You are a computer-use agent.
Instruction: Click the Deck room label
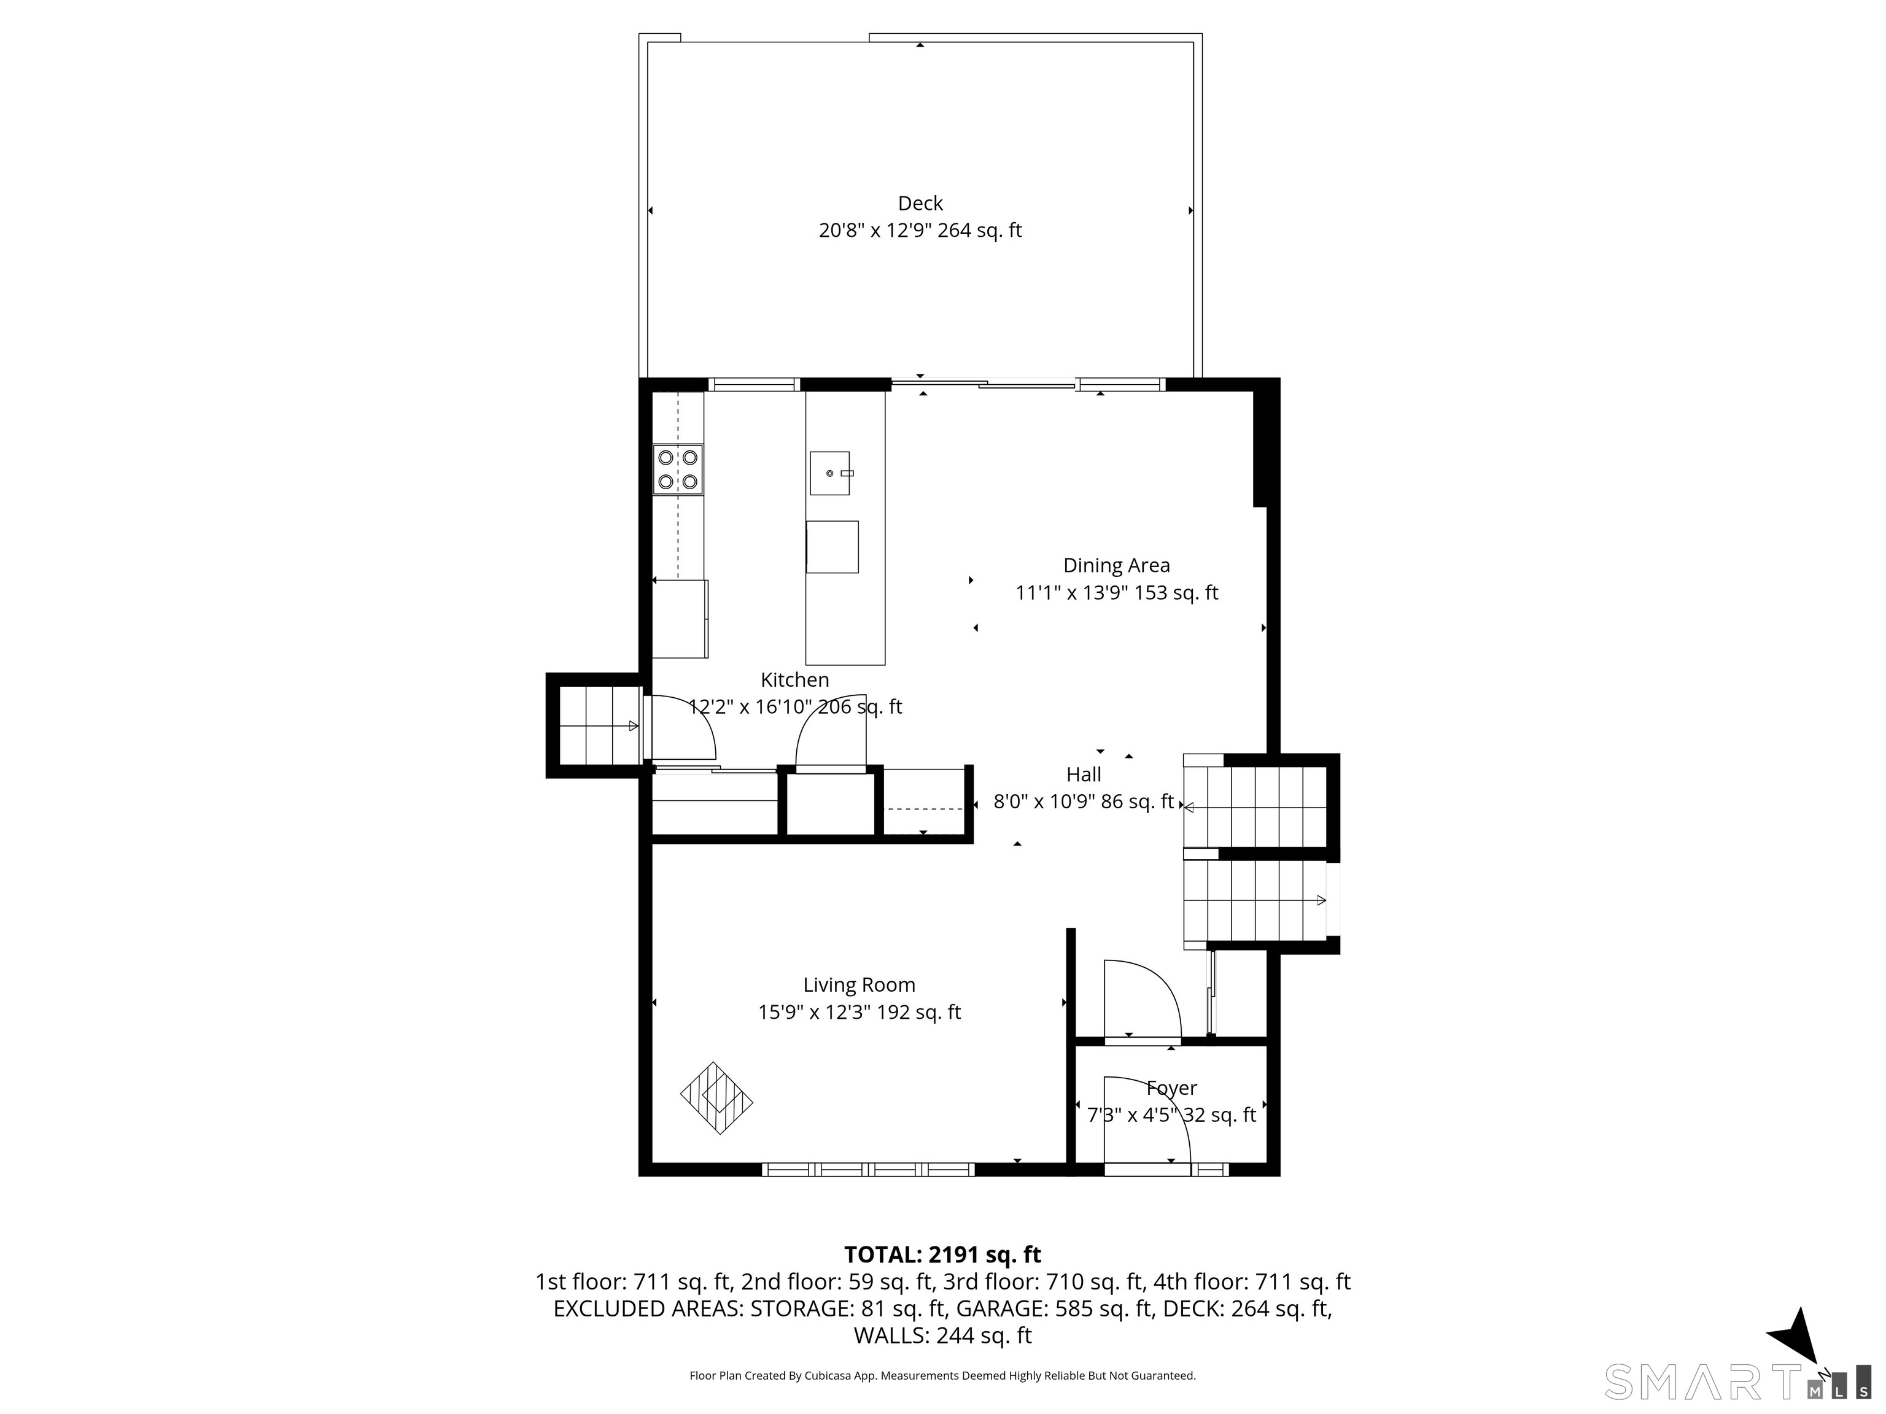920,204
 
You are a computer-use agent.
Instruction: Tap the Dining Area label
1116,565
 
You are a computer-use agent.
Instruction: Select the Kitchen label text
794,679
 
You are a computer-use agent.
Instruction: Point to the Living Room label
859,984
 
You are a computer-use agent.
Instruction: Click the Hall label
1084,774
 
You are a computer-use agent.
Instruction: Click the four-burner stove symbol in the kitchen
678,469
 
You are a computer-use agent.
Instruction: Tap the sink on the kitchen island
829,473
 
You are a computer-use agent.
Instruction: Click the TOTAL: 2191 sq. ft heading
942,1254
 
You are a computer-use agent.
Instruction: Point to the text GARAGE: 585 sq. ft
1055,1308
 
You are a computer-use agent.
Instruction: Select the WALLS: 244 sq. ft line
942,1335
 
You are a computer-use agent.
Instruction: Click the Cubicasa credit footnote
942,1375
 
